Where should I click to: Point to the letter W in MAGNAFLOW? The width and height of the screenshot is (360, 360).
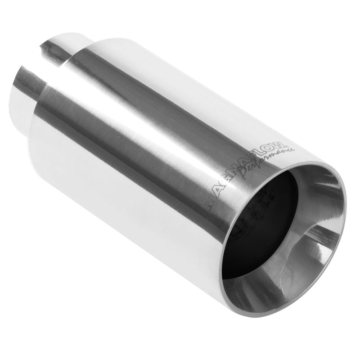tap(281, 145)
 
